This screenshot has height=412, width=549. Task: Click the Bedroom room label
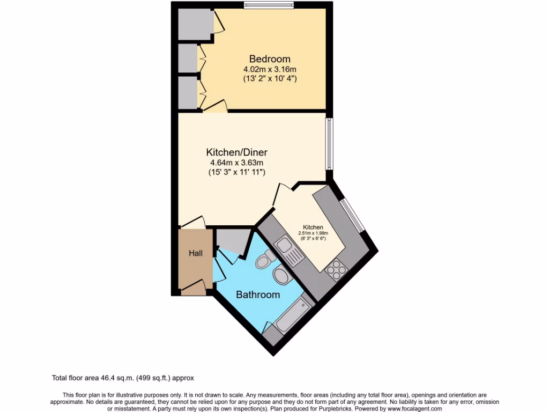pos(270,59)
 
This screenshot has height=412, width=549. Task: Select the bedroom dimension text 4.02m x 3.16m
pos(270,69)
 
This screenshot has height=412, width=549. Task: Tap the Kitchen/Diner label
pos(236,152)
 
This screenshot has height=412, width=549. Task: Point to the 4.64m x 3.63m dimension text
pos(236,163)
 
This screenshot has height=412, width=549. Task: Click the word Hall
pos(195,253)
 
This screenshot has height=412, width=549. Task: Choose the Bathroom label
pos(258,295)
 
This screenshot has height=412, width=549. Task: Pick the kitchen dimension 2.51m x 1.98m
pos(313,233)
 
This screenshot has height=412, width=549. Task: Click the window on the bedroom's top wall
pos(269,5)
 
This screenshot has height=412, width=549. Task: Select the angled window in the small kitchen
pos(353,215)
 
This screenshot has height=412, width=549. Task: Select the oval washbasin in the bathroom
pos(281,276)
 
